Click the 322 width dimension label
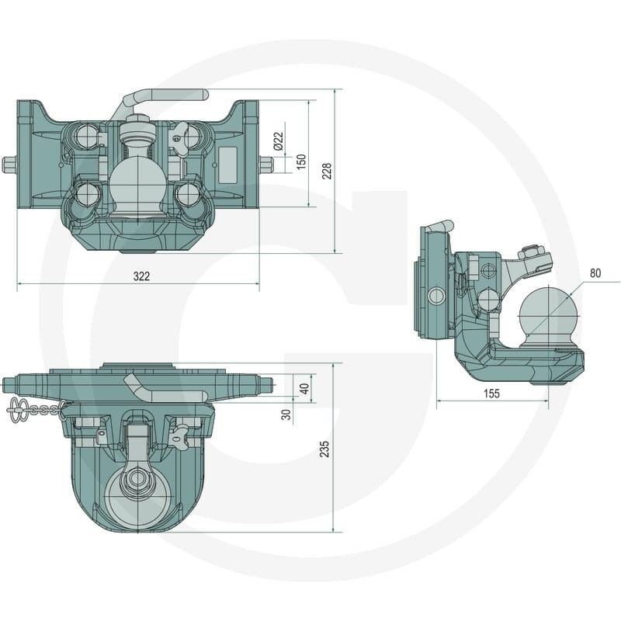click(x=141, y=276)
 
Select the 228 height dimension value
click(x=327, y=171)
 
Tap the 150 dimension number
click(x=301, y=161)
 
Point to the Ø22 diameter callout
click(x=279, y=141)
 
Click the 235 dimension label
click(x=324, y=449)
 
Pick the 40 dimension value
click(x=304, y=389)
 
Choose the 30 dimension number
click(x=286, y=415)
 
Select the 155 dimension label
click(x=491, y=394)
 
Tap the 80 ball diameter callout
click(x=595, y=273)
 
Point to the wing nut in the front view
click(x=179, y=134)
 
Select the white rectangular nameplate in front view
click(x=227, y=165)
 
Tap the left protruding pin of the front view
click(x=9, y=165)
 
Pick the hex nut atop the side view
click(x=532, y=252)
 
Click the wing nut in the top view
click(x=178, y=435)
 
